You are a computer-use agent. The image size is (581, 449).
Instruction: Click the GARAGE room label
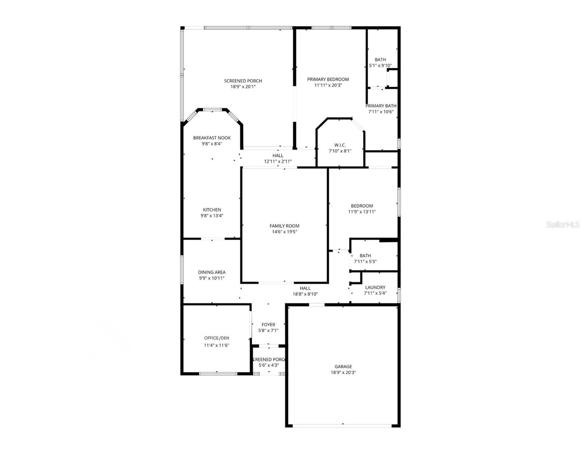[343, 367]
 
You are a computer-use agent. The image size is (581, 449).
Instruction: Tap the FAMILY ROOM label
[284, 226]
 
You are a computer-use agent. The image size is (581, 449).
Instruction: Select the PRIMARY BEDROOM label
[328, 79]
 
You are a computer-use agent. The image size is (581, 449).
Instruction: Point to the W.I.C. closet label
[340, 145]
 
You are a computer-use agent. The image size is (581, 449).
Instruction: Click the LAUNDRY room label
[375, 287]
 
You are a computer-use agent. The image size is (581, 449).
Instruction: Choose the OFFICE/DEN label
[216, 338]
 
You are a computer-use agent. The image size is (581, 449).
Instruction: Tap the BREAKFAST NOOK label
[212, 138]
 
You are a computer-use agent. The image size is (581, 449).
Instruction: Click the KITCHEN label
[212, 210]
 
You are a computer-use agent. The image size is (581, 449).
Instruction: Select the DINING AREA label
[211, 272]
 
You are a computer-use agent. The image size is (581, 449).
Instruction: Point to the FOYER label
[268, 325]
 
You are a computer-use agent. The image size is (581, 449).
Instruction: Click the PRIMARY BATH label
[381, 106]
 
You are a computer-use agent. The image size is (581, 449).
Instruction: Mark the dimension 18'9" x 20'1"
[243, 87]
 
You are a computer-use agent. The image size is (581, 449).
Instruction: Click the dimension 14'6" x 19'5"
[284, 232]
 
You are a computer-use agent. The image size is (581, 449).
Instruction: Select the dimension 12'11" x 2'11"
[278, 162]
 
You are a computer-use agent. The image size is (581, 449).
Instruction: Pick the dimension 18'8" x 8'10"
[305, 294]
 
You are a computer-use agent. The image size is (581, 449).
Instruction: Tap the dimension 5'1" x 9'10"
[380, 65]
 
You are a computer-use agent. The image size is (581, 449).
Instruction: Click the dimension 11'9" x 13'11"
[362, 212]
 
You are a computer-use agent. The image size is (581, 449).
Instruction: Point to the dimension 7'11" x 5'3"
[365, 262]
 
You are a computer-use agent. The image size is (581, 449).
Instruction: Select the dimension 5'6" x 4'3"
[268, 365]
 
